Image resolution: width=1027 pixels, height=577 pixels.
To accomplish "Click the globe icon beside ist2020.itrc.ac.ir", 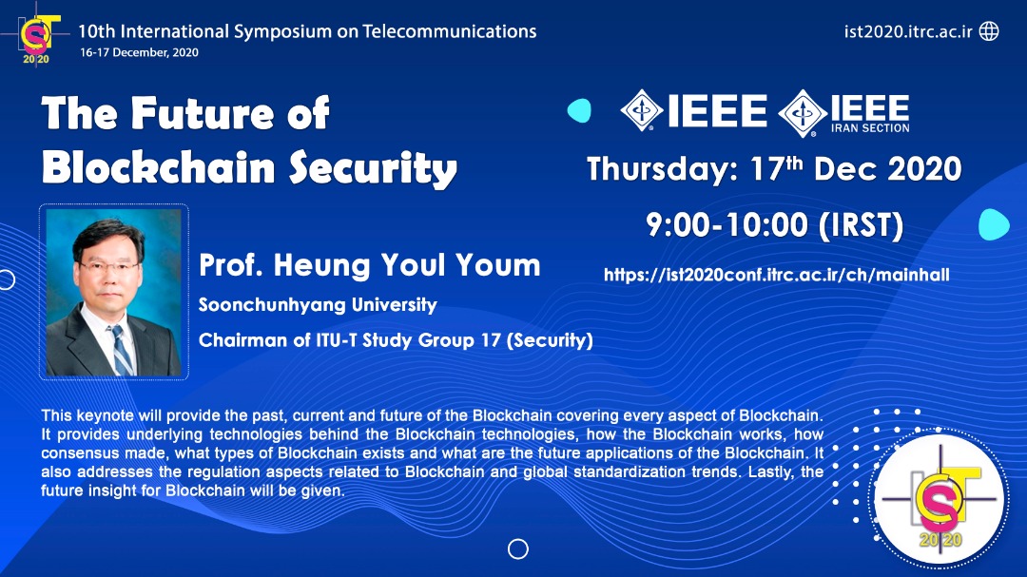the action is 989,30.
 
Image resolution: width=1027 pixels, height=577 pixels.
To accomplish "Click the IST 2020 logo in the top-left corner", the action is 38,39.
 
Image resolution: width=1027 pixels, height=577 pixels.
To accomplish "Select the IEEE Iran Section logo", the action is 844,113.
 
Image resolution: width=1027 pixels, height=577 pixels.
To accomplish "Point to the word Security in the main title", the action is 373,169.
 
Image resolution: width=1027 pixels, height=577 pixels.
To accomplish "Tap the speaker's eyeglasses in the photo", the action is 108,267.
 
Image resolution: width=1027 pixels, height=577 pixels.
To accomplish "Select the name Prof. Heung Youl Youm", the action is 369,265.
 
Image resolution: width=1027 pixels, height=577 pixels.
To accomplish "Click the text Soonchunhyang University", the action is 318,305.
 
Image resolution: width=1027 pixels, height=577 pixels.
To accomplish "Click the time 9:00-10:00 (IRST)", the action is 775,224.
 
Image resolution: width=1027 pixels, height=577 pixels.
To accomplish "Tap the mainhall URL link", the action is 777,275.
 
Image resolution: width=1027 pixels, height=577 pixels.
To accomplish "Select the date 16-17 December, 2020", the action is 139,52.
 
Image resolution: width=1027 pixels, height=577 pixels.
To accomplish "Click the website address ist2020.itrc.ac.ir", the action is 908,31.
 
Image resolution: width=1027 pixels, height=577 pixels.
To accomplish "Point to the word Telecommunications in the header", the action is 449,31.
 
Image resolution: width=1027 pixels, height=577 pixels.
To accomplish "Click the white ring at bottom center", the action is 518,548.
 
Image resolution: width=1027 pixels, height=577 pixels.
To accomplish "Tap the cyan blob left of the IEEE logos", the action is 580,110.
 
